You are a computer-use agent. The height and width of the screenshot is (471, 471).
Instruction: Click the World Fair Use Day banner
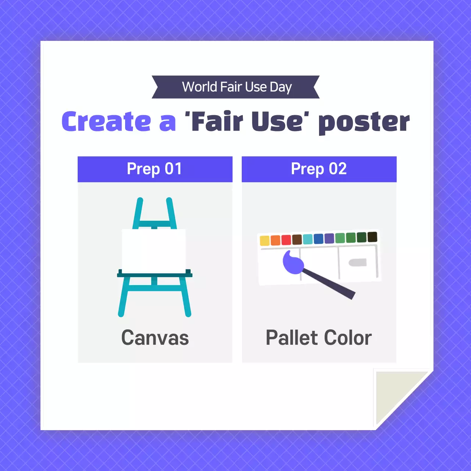236,87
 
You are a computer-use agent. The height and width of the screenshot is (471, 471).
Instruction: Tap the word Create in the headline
106,122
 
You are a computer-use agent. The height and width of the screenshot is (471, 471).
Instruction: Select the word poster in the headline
364,123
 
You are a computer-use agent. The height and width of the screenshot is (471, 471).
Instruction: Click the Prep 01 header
155,169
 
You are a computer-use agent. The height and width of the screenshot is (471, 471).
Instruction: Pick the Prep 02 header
319,169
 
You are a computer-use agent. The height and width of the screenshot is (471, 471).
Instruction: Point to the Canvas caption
155,338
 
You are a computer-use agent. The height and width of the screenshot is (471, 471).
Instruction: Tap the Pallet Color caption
319,338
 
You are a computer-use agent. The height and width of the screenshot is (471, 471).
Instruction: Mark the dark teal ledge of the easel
155,275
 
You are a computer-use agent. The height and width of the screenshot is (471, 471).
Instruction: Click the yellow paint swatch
265,241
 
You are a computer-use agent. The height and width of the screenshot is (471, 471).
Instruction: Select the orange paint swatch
275,240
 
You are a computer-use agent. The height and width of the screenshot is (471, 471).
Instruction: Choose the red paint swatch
286,240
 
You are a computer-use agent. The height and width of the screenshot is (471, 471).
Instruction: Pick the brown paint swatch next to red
297,240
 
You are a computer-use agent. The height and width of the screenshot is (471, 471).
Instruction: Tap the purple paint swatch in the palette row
329,238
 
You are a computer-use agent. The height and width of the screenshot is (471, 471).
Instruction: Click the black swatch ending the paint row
372,237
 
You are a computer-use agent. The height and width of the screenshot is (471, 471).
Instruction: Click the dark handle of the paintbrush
329,283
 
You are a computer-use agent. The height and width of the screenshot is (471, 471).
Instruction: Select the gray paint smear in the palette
358,262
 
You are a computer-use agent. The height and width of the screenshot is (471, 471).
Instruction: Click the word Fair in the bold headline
217,122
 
